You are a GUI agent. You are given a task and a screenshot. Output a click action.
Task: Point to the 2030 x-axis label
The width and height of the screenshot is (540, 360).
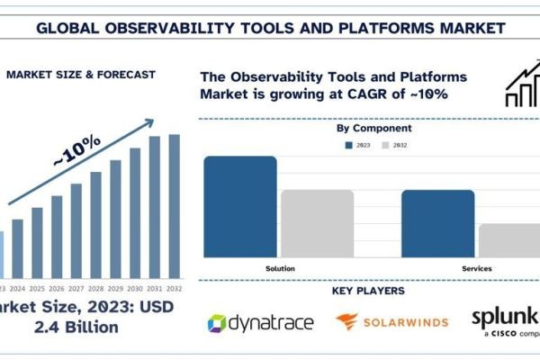pos(135,288)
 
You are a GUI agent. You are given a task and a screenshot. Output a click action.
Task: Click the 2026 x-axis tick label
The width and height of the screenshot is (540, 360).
pos(57,288)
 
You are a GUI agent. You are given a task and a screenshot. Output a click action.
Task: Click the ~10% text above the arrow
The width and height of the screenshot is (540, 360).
pos(76,149)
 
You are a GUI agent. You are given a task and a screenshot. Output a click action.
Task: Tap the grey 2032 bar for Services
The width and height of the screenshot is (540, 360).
pos(508,240)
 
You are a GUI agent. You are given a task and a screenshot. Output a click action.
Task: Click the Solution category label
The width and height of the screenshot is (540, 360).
pos(280,268)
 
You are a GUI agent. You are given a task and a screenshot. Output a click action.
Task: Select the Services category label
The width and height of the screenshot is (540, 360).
pos(476,268)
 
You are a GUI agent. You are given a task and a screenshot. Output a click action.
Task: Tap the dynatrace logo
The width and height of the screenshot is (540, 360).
pos(261,322)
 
